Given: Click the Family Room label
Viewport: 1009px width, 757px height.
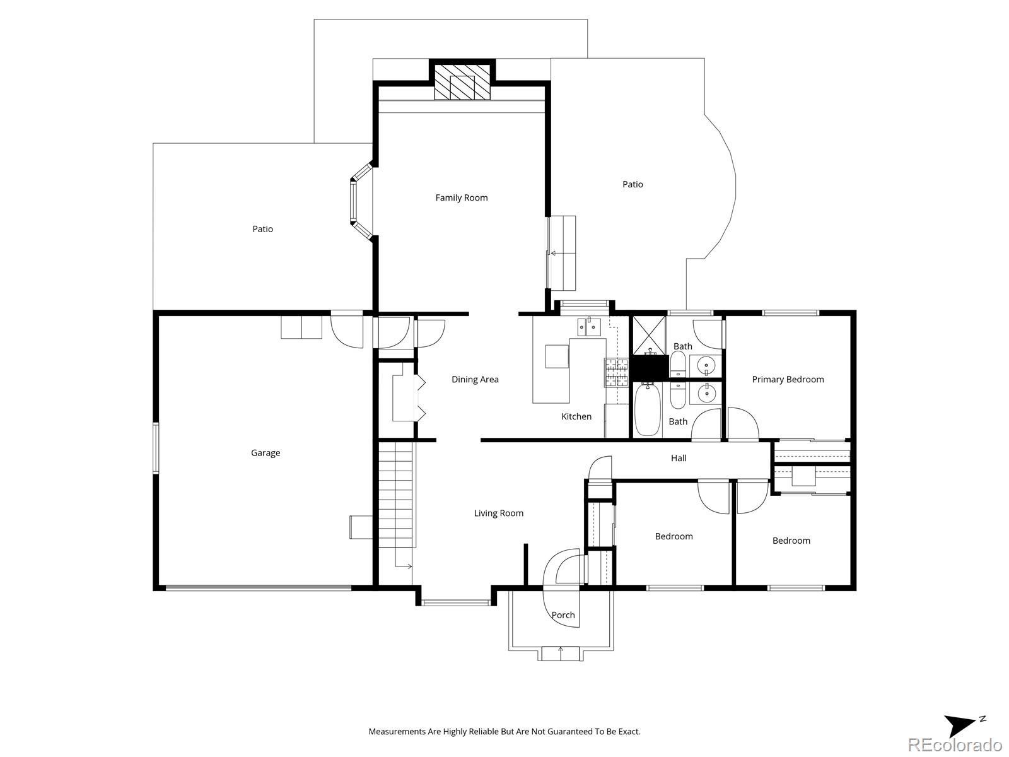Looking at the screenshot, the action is tap(462, 197).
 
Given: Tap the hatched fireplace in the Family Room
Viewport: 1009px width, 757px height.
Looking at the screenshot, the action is tap(462, 82).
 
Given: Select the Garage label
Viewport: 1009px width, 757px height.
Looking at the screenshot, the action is tap(265, 453).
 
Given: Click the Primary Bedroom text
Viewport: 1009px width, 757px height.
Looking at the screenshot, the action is tap(788, 379).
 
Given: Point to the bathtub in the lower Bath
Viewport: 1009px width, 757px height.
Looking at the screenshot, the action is tap(648, 409).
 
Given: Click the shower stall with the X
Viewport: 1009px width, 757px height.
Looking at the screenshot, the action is tap(649, 336).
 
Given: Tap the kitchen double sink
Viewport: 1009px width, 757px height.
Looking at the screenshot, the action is tap(589, 327).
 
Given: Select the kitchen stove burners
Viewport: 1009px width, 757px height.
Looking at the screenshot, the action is tap(616, 372).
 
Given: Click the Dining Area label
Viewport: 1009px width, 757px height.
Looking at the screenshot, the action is tap(475, 379).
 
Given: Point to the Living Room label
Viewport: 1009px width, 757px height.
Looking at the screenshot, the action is tap(499, 513).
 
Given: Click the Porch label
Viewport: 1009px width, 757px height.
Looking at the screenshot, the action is tap(563, 615).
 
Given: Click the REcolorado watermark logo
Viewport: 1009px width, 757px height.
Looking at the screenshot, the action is tap(955, 744).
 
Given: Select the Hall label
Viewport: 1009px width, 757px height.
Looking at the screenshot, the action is tap(679, 458).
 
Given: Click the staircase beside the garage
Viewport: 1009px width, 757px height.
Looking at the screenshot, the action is tap(396, 495).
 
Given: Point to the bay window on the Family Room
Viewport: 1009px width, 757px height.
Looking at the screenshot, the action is tap(361, 201).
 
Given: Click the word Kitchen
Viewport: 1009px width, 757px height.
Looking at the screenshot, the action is tap(576, 416).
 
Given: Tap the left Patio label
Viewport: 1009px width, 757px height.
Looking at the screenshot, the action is tap(262, 229).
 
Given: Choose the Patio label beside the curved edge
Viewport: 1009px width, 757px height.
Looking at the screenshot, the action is tap(633, 184).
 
